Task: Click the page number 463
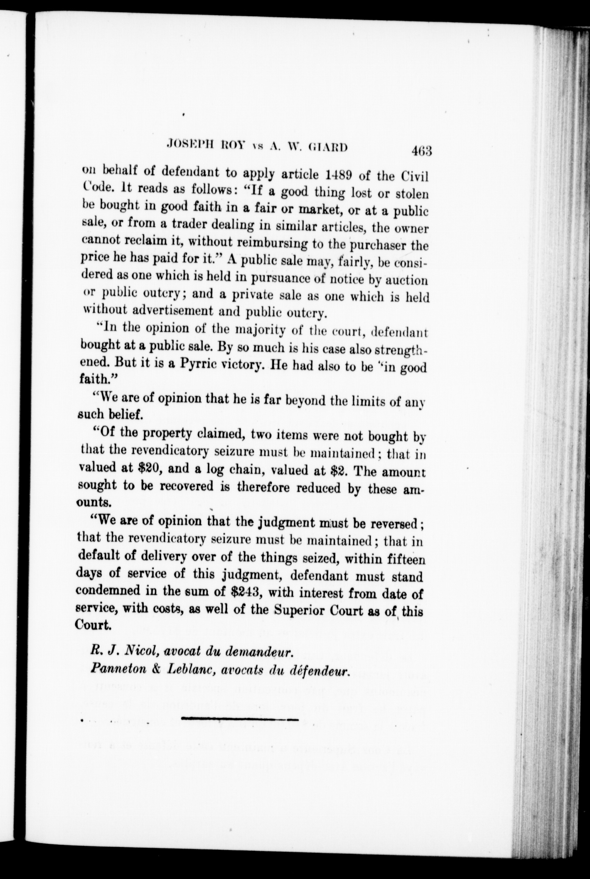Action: tap(421, 151)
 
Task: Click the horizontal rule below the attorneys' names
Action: tap(239, 719)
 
